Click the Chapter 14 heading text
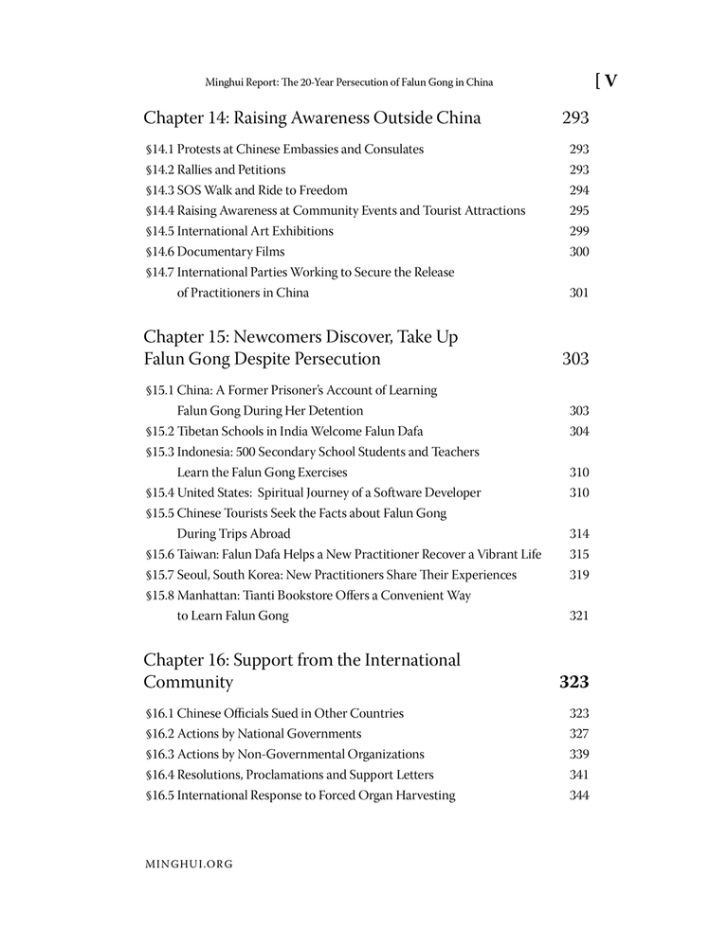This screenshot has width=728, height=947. (312, 118)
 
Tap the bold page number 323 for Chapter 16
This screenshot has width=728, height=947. (574, 682)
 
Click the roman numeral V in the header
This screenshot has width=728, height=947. (610, 81)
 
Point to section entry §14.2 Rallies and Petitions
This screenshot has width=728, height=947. (215, 170)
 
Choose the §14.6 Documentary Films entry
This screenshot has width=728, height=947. (215, 252)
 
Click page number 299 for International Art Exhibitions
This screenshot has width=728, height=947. (578, 231)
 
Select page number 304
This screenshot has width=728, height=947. (578, 431)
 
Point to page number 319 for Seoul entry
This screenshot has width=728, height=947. (578, 575)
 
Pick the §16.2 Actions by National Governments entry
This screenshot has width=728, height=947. (253, 734)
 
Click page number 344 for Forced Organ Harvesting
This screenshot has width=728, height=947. (578, 795)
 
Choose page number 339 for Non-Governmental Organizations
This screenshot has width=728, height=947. (578, 755)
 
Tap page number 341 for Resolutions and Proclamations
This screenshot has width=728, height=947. (578, 775)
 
